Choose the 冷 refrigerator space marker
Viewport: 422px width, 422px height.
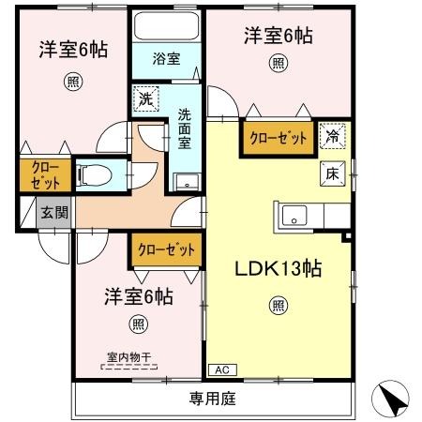tap(332, 136)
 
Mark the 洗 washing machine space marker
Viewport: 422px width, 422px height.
tap(145, 97)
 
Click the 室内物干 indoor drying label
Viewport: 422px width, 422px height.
tap(128, 357)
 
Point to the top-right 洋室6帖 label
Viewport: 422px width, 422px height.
tap(279, 37)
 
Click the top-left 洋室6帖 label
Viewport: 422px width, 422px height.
tap(72, 48)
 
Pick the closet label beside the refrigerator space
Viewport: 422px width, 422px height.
tap(279, 137)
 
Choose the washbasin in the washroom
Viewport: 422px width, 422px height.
tap(184, 182)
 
